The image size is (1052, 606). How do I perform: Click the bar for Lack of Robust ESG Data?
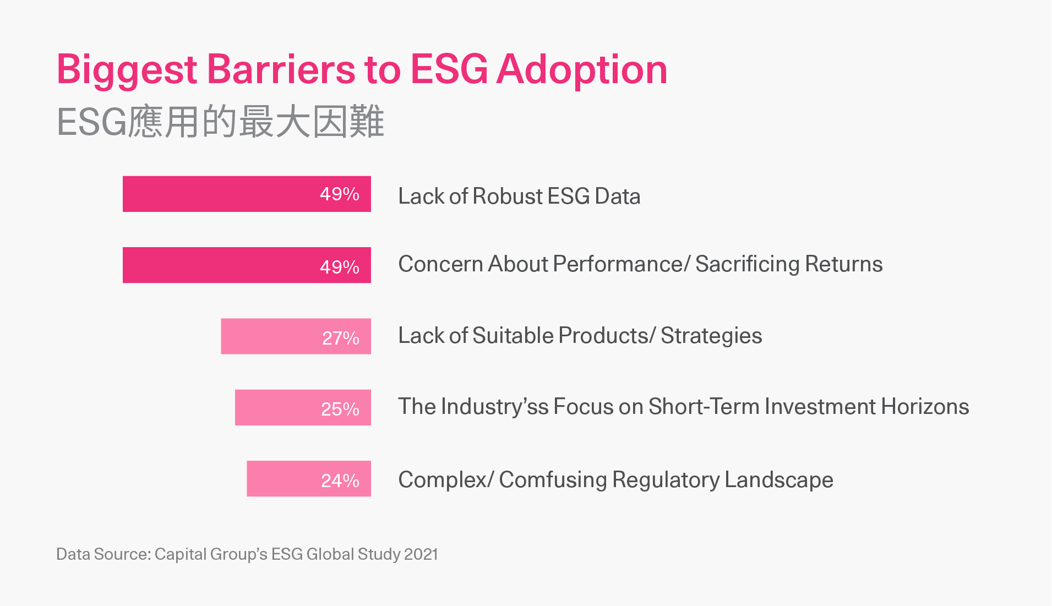coord(247,194)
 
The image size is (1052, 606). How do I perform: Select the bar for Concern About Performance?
coord(247,265)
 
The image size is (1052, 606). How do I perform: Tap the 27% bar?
coord(296,336)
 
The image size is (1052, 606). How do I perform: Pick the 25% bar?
coord(303,407)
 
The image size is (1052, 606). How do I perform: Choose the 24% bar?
coord(309,478)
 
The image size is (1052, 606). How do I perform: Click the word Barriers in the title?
coord(281,69)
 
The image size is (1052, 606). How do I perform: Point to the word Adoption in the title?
coord(582,70)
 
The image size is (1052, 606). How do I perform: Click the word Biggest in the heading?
coord(127,70)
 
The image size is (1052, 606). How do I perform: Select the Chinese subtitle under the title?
coord(220,121)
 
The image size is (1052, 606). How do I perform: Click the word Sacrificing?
coord(747,265)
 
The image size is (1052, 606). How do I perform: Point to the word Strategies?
coord(711,336)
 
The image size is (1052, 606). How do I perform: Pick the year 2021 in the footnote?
coord(421,554)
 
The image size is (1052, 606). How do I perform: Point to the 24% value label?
coord(340,481)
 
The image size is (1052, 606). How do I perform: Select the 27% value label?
coord(341,338)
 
